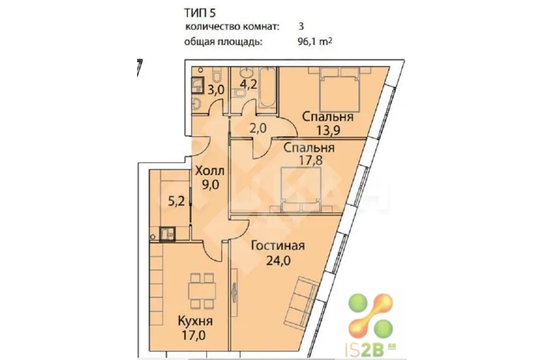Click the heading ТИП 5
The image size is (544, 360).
tap(199, 13)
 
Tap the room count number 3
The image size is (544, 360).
tap(301, 27)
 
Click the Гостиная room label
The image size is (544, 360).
tap(278, 246)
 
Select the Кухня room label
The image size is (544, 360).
tap(195, 321)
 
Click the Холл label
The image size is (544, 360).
tap(211, 171)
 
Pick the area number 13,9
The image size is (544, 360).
tap(328, 131)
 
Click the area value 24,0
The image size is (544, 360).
tap(278, 260)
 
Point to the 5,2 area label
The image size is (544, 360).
tap(176, 202)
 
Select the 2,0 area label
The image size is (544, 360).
tap(258, 128)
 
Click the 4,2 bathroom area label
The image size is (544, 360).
tap(249, 84)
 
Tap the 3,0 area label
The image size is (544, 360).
tap(216, 90)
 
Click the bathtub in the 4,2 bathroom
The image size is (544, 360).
tap(268, 88)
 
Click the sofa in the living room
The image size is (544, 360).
tap(302, 301)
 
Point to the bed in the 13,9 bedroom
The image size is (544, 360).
tap(339, 88)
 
